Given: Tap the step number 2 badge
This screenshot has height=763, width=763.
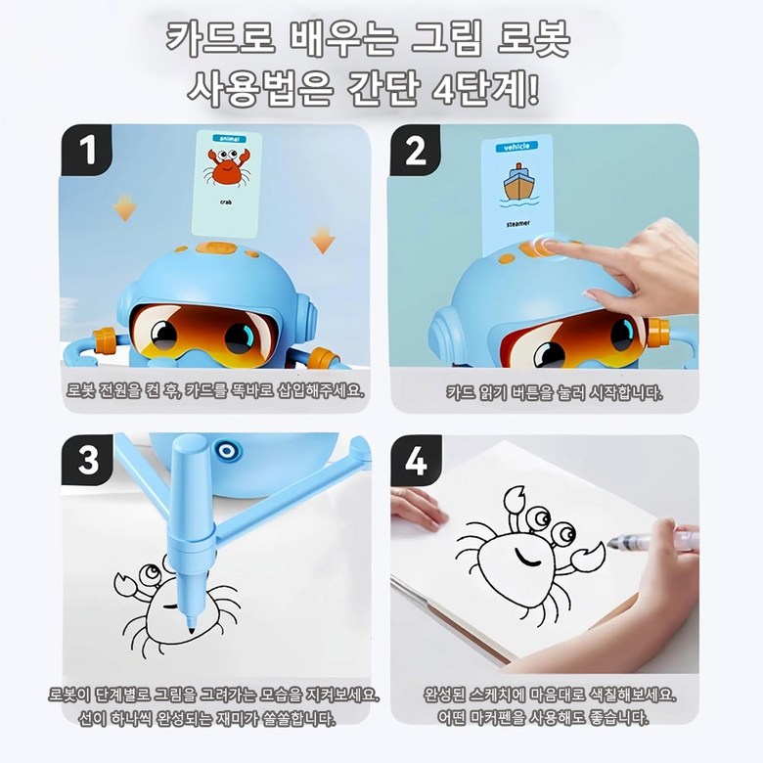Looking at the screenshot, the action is click(x=415, y=150).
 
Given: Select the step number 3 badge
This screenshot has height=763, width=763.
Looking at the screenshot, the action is click(x=88, y=460).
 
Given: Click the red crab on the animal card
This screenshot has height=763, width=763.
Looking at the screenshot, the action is click(x=227, y=166).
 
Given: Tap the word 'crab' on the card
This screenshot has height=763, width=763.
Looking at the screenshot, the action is click(x=226, y=202).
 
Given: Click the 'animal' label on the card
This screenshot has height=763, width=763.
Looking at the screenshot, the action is click(x=230, y=139).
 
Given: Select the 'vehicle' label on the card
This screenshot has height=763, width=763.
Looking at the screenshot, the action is click(x=516, y=147).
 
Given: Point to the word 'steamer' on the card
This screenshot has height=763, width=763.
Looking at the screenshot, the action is click(x=517, y=224).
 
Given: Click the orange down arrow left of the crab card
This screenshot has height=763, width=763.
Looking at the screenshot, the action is click(x=124, y=207).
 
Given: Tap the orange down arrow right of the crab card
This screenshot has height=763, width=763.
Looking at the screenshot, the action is click(x=323, y=239).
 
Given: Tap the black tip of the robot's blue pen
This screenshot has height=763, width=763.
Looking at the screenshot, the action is click(x=191, y=628).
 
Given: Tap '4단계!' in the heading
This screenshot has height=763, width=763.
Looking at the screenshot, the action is click(x=485, y=89).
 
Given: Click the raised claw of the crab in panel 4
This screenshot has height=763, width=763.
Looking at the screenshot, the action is click(x=514, y=500).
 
